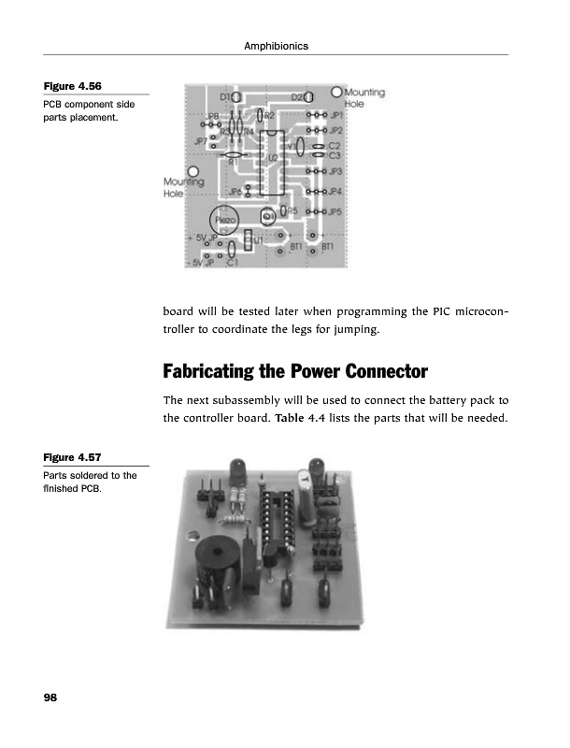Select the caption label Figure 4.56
(69, 88)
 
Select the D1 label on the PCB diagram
(226, 96)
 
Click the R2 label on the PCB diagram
(268, 115)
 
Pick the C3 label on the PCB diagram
(335, 155)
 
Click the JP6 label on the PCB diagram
(235, 192)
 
